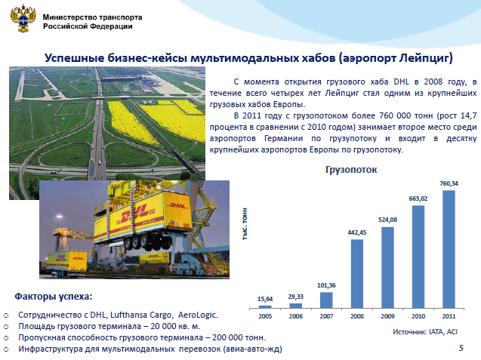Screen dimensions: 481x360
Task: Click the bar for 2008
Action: click(x=356, y=273)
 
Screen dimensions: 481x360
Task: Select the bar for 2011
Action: click(x=449, y=249)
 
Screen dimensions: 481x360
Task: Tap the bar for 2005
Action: click(x=265, y=306)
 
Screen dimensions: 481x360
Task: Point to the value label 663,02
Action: click(x=418, y=198)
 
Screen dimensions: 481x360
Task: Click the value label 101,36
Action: click(x=326, y=285)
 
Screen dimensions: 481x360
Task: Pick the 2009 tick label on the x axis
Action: click(x=387, y=316)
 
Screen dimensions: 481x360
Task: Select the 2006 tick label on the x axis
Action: click(x=296, y=316)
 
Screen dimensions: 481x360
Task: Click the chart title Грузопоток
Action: click(x=351, y=170)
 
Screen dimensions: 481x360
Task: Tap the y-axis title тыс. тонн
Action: click(x=245, y=224)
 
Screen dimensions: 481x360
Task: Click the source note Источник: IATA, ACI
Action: click(x=425, y=332)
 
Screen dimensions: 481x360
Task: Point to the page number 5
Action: click(x=461, y=348)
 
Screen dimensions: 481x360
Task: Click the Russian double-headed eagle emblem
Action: click(x=23, y=18)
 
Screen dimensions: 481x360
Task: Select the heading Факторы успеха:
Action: click(x=54, y=297)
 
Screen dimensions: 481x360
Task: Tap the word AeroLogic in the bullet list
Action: click(x=197, y=315)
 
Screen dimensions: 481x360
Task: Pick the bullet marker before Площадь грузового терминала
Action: click(x=7, y=327)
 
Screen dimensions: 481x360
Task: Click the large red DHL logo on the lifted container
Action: click(x=135, y=215)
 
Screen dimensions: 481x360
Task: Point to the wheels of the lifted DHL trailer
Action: click(x=146, y=242)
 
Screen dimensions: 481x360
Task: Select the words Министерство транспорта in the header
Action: click(x=92, y=17)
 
